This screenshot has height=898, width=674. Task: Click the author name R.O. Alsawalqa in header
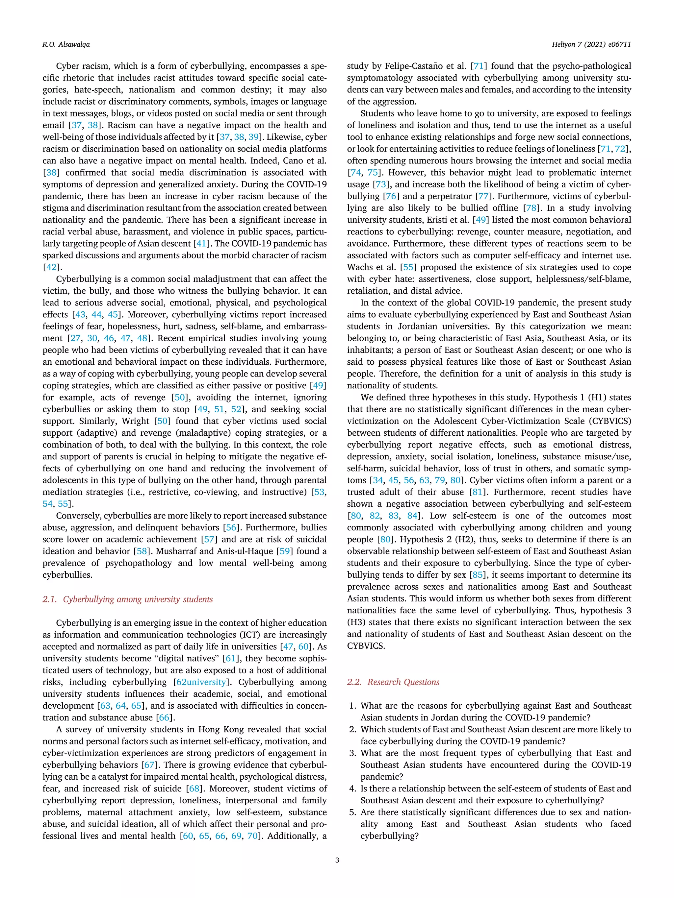click(x=66, y=45)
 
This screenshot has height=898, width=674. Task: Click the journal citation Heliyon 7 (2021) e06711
click(x=591, y=45)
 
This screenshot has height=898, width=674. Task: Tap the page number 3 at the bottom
click(x=337, y=860)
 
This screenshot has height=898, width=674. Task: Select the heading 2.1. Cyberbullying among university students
click(x=128, y=599)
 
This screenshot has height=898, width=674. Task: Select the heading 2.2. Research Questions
click(x=393, y=682)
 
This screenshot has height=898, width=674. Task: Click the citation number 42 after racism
click(x=51, y=267)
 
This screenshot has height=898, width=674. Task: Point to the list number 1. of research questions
click(x=353, y=706)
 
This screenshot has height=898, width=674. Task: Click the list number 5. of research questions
click(x=353, y=812)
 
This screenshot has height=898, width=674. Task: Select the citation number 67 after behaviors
click(x=149, y=765)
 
